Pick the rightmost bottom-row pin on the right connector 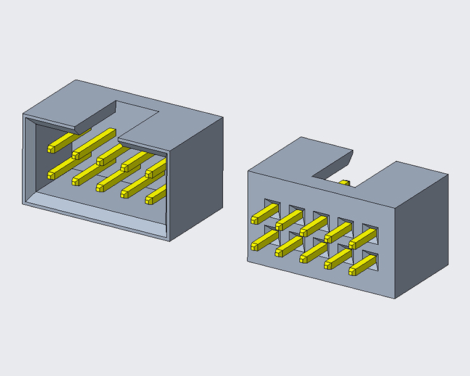tap(363, 266)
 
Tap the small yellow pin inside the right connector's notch tap(345, 182)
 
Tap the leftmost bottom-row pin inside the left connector tap(62, 170)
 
